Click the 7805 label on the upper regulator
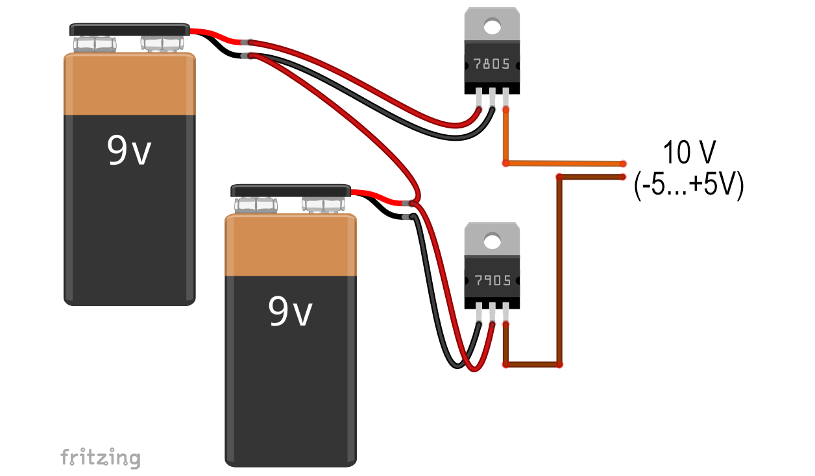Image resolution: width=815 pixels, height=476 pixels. (x=492, y=64)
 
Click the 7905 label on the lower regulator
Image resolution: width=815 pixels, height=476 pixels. (x=493, y=280)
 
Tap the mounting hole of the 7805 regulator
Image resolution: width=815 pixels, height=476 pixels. (x=493, y=27)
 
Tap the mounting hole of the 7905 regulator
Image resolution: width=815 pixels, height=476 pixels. (x=493, y=241)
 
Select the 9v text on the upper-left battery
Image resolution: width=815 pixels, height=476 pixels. (x=128, y=150)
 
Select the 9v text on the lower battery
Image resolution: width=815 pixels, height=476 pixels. (x=290, y=311)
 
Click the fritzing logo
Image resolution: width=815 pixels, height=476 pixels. (x=101, y=458)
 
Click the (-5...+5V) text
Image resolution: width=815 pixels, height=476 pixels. (x=688, y=185)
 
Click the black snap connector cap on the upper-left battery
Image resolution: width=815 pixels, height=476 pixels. (x=130, y=29)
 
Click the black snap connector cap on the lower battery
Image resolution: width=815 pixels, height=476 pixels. (x=291, y=191)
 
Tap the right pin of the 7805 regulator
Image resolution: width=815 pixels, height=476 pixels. (x=505, y=97)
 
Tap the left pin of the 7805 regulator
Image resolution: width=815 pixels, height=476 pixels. (x=479, y=97)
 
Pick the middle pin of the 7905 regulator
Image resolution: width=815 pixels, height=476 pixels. (x=493, y=312)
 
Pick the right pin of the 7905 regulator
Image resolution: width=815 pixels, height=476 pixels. (x=505, y=312)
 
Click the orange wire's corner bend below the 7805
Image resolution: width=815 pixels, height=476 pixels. (x=505, y=163)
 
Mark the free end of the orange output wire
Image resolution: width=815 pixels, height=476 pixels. (x=623, y=164)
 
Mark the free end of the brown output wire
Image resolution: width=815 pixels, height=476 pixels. (x=622, y=177)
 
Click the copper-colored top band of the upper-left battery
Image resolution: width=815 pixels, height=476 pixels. (x=130, y=84)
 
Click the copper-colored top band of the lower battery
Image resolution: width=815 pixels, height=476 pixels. (x=291, y=245)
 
